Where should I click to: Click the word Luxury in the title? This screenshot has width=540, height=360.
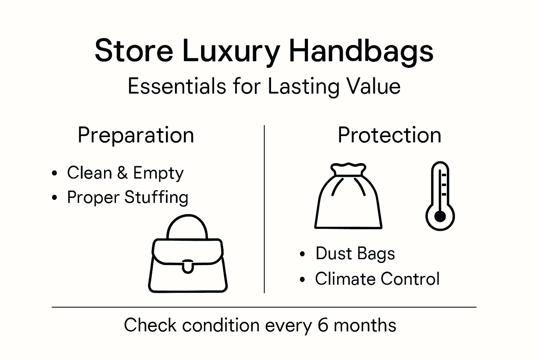pyautogui.click(x=231, y=52)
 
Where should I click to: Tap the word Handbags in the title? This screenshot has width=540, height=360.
pyautogui.click(x=361, y=52)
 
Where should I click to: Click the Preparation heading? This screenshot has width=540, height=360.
pyautogui.click(x=136, y=135)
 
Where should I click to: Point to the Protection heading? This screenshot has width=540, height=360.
pyautogui.click(x=389, y=135)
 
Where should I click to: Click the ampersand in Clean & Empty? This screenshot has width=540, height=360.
pyautogui.click(x=122, y=173)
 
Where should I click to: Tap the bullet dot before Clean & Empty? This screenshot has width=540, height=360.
pyautogui.click(x=54, y=173)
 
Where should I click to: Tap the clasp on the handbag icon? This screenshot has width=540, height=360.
pyautogui.click(x=188, y=266)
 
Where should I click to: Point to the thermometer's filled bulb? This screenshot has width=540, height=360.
pyautogui.click(x=440, y=217)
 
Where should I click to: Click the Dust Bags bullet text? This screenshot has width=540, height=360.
pyautogui.click(x=355, y=253)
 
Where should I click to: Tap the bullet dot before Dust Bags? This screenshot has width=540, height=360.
pyautogui.click(x=302, y=254)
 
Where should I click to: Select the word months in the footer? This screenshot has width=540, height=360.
pyautogui.click(x=365, y=325)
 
